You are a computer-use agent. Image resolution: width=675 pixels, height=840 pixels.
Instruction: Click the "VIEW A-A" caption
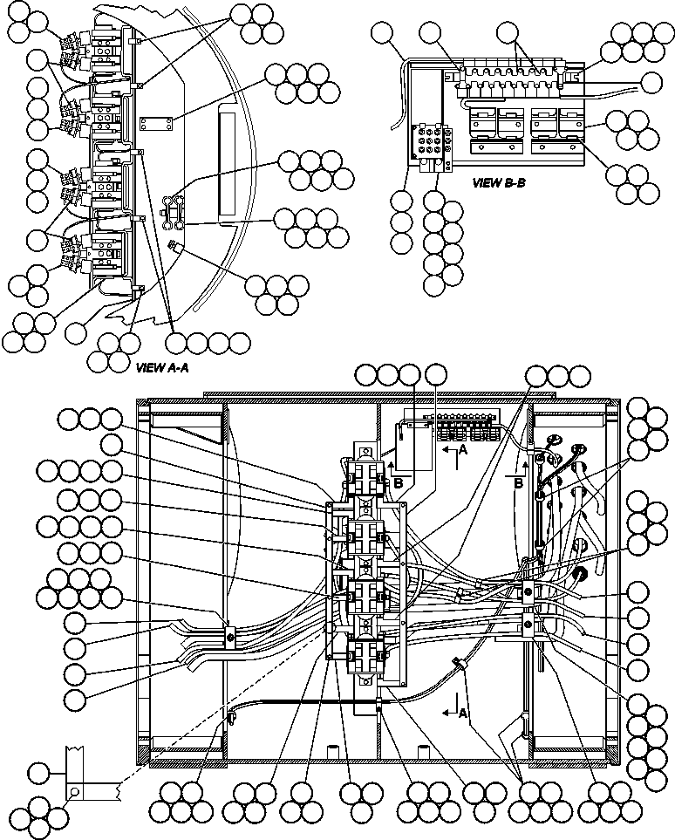(163, 369)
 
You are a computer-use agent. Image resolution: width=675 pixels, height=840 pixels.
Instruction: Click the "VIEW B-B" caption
(498, 183)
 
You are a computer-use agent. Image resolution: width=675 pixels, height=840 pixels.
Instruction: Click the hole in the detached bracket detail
(77, 791)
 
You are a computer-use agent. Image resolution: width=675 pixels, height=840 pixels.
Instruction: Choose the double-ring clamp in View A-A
(174, 210)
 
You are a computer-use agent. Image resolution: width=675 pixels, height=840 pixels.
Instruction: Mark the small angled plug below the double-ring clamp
(173, 248)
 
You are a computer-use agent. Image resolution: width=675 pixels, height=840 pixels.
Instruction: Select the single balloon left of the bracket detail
(38, 771)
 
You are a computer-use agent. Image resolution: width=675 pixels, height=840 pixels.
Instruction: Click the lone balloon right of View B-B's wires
(651, 83)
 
